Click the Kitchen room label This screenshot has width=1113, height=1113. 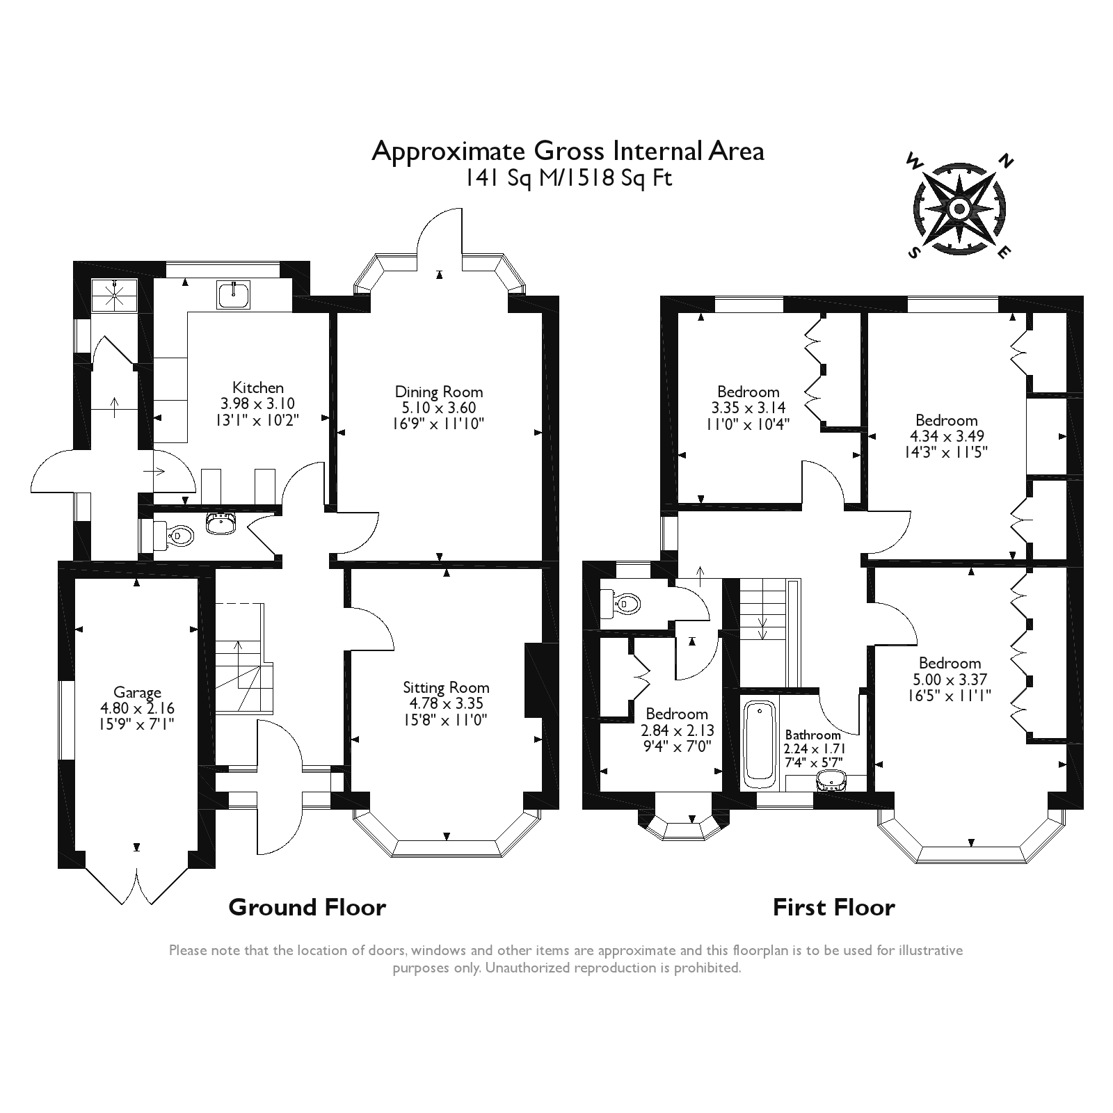pyautogui.click(x=257, y=387)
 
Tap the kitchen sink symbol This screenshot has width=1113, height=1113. pyautogui.click(x=235, y=295)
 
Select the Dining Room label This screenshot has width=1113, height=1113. pyautogui.click(x=438, y=392)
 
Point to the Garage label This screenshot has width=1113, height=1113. pyautogui.click(x=137, y=692)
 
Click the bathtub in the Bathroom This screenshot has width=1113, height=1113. pyautogui.click(x=760, y=743)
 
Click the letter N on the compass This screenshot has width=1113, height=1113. pyautogui.click(x=1004, y=162)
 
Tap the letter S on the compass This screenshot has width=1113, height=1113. pyautogui.click(x=913, y=253)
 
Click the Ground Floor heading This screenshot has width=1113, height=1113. pyautogui.click(x=307, y=907)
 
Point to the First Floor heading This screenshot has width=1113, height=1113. pyautogui.click(x=833, y=907)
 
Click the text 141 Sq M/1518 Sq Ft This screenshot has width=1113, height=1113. pyautogui.click(x=568, y=178)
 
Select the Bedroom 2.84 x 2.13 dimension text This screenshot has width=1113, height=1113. pyautogui.click(x=676, y=730)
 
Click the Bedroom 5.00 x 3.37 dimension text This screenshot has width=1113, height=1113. pyautogui.click(x=950, y=679)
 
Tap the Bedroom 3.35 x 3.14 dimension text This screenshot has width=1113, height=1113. pyautogui.click(x=748, y=408)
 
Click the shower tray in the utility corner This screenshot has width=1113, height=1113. pyautogui.click(x=114, y=295)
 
